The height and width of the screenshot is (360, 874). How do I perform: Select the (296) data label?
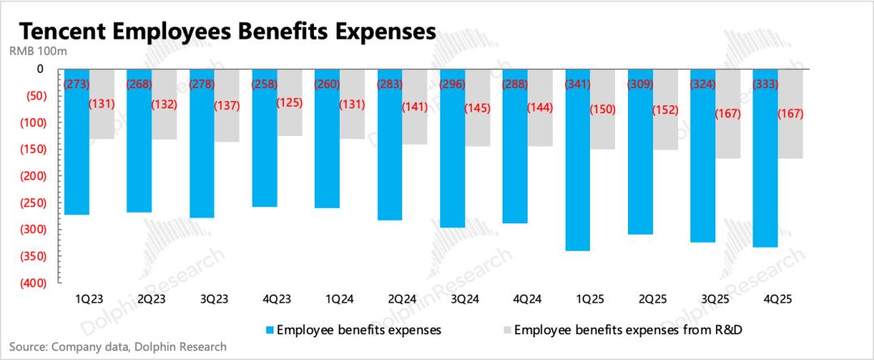tap(453, 83)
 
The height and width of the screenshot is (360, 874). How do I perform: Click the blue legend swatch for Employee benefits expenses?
tap(269, 330)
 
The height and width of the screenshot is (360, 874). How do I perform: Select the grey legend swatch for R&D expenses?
tap(507, 330)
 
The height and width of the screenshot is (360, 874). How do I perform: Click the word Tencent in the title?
tap(70, 32)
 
